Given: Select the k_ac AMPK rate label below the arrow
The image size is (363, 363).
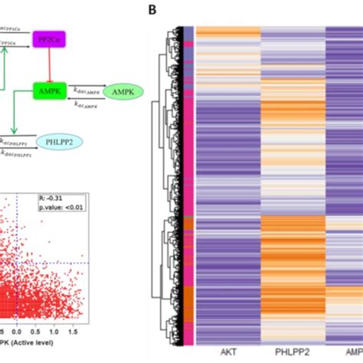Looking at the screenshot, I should pyautogui.click(x=88, y=102).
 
